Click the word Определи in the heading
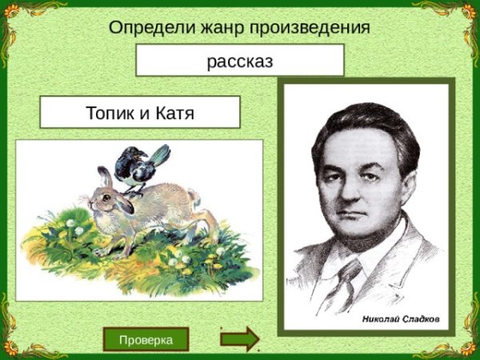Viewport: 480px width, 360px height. (152, 28)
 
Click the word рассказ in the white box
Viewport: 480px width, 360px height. (240, 62)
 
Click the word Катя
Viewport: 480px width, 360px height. (174, 113)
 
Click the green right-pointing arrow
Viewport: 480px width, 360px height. (240, 339)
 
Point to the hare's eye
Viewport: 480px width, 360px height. (106, 198)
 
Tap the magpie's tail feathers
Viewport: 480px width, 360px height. (160, 154)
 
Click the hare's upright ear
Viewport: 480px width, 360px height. (105, 177)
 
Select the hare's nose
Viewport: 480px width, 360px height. (90, 202)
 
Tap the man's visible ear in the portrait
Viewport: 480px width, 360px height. (408, 186)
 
